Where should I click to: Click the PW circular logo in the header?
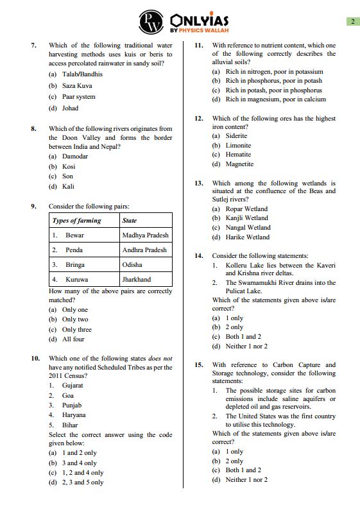coord(151,22)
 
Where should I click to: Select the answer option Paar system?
coord(78,97)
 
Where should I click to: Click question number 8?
coord(33,129)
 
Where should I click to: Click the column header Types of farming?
coord(77,221)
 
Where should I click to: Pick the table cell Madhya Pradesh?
coord(144,235)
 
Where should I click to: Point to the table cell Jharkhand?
coord(137,280)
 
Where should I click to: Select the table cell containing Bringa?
coord(74,265)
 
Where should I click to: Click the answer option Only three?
coord(76,330)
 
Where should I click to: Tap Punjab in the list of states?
coord(72,406)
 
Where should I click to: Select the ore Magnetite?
coord(239,164)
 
